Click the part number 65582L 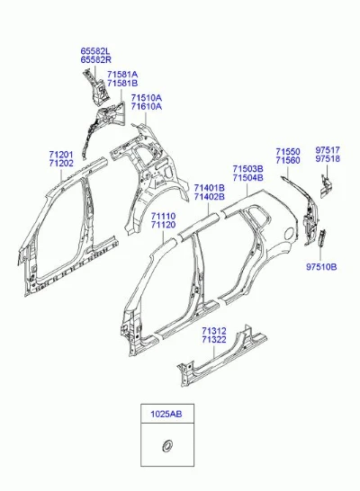pyautogui.click(x=95, y=51)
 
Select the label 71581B pyautogui.click(x=122, y=84)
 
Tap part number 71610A pyautogui.click(x=147, y=106)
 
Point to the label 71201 pyautogui.click(x=61, y=155)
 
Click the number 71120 pyautogui.click(x=163, y=225)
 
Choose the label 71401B pyautogui.click(x=210, y=188)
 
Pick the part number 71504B pyautogui.click(x=247, y=178)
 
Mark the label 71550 pyautogui.click(x=288, y=152)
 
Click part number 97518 pyautogui.click(x=328, y=159)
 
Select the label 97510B pyautogui.click(x=321, y=267)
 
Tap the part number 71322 pyautogui.click(x=214, y=339)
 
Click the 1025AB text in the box pyautogui.click(x=166, y=414)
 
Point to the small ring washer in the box pyautogui.click(x=166, y=445)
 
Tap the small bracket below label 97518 pyautogui.click(x=325, y=186)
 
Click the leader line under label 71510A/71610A pyautogui.click(x=146, y=119)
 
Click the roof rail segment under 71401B pyautogui.click(x=199, y=223)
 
